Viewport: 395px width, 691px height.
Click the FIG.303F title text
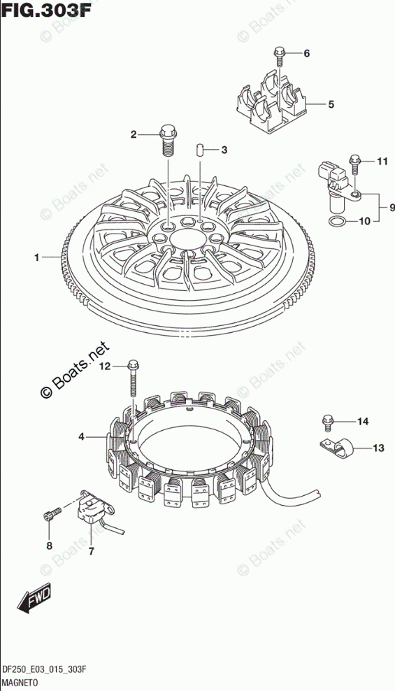click(47, 9)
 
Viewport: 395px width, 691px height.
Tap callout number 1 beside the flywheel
click(38, 257)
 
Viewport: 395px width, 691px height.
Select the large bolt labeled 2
click(168, 140)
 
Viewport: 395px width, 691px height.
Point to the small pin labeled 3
click(199, 150)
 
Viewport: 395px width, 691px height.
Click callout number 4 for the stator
click(81, 437)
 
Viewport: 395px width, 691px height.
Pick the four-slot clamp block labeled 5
click(268, 103)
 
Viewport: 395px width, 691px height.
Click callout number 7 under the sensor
click(91, 551)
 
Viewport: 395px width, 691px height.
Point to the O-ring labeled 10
click(337, 222)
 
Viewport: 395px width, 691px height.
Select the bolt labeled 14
click(327, 422)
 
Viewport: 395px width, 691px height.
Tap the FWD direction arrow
click(35, 599)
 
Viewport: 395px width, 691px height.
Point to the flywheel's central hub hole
click(184, 241)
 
